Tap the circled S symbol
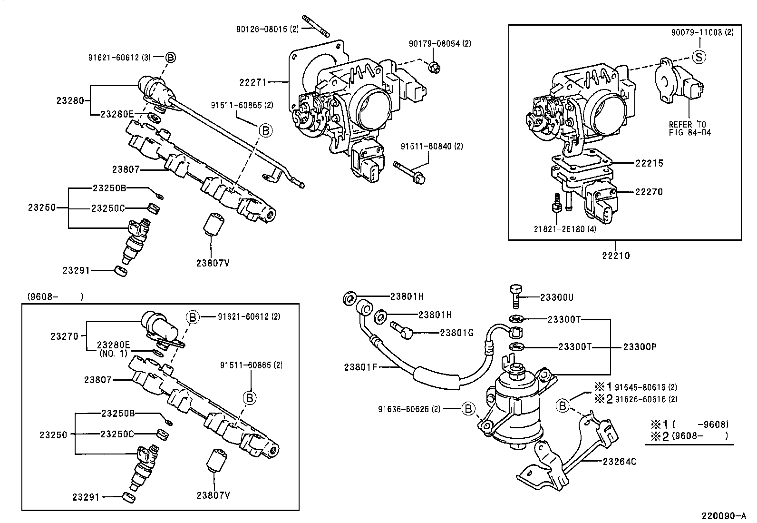click(699, 57)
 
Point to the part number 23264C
click(619, 461)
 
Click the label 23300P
click(640, 347)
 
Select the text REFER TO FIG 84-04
click(689, 128)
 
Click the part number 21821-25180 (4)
click(564, 229)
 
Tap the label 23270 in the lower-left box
click(64, 336)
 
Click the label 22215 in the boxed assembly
click(649, 163)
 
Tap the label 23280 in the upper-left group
click(70, 100)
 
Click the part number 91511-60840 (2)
click(431, 147)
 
